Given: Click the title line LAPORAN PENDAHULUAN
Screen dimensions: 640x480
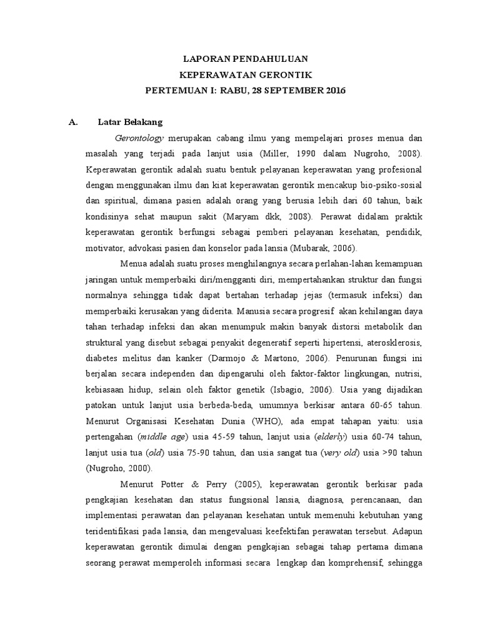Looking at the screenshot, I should [245, 59].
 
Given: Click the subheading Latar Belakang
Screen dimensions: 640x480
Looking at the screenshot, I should [131, 122].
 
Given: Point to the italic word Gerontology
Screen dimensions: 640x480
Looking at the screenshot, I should [139, 137].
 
